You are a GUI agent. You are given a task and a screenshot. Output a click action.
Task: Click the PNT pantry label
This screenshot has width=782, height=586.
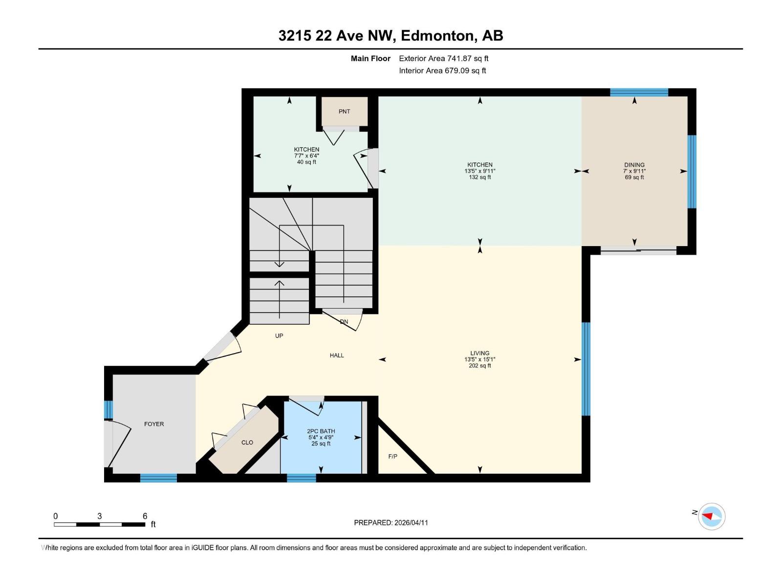[x=344, y=111]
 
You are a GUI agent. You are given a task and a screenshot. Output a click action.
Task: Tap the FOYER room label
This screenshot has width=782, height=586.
[x=154, y=424]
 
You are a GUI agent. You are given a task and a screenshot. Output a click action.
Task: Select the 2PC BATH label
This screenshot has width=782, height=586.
[x=321, y=431]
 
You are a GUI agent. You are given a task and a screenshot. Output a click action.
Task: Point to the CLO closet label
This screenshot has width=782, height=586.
[x=247, y=442]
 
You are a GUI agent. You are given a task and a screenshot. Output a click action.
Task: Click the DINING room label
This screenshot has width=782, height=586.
[x=634, y=165]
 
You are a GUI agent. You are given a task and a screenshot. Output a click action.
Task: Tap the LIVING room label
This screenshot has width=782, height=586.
[x=479, y=353]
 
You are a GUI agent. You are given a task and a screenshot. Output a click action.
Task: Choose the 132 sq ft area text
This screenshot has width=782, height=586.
[x=479, y=177]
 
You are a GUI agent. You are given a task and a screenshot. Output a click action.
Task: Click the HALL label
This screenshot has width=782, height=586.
[x=337, y=356]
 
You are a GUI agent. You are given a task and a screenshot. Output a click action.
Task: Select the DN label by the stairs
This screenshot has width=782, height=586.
[x=344, y=322]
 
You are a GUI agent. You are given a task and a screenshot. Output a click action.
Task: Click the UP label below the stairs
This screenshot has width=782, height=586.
[x=279, y=336]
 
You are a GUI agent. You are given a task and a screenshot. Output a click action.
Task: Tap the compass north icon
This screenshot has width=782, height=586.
[x=711, y=516]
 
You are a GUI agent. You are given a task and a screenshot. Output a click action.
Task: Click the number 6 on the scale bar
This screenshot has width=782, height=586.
[x=145, y=516]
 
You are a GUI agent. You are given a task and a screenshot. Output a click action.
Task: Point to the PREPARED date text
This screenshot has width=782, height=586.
[x=391, y=523]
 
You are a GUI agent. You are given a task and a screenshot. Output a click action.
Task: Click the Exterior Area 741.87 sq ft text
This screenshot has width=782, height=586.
[x=444, y=59]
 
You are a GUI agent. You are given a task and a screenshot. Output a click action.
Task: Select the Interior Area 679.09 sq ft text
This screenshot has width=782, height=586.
[x=442, y=71]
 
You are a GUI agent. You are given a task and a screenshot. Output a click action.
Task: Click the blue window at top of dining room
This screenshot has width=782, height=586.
[x=639, y=92]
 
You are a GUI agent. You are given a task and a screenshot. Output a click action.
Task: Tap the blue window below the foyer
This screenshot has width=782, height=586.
[x=158, y=478]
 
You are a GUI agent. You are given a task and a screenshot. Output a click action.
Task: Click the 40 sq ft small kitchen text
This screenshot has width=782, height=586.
[x=306, y=162]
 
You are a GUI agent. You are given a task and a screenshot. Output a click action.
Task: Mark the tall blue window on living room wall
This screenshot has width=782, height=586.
[x=586, y=369]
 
